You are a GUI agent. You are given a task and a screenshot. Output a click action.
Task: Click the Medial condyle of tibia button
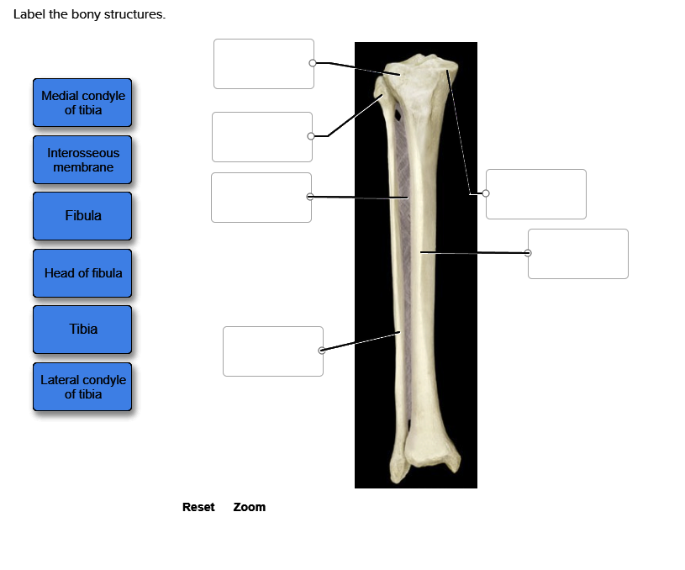(82, 103)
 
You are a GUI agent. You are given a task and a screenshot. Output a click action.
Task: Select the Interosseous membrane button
(82, 160)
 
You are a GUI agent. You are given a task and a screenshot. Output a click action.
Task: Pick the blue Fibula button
(82, 216)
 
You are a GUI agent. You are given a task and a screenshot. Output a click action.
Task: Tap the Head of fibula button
(82, 273)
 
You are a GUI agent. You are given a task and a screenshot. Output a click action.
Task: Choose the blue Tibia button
(82, 330)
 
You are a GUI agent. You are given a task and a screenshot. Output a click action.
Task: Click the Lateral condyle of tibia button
(82, 387)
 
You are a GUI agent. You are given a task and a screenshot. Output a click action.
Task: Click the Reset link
(198, 507)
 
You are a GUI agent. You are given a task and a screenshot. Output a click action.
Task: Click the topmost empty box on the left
(263, 64)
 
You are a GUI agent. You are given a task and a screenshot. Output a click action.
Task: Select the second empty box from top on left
(261, 137)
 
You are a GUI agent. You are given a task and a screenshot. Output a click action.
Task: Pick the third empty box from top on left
(261, 198)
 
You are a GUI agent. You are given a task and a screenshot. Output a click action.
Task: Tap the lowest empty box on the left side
(272, 351)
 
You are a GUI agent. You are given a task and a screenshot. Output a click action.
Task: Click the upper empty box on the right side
(536, 194)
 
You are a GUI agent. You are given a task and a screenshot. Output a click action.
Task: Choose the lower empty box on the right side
(578, 254)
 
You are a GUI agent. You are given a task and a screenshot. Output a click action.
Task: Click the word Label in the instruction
(29, 15)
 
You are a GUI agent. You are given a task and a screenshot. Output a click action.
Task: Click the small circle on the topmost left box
(313, 63)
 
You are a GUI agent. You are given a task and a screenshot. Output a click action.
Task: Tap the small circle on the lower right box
(528, 252)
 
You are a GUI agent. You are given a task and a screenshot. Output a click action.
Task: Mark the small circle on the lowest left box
(322, 350)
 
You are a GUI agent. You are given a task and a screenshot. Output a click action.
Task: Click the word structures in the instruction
(134, 15)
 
